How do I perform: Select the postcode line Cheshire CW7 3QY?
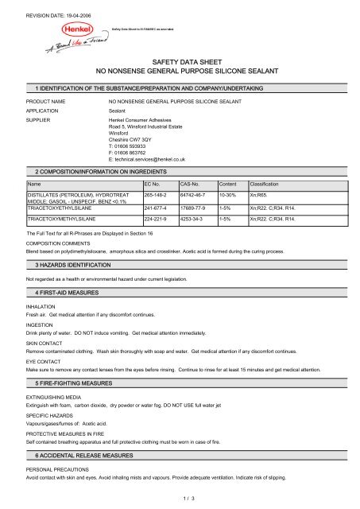pos(133,138)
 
